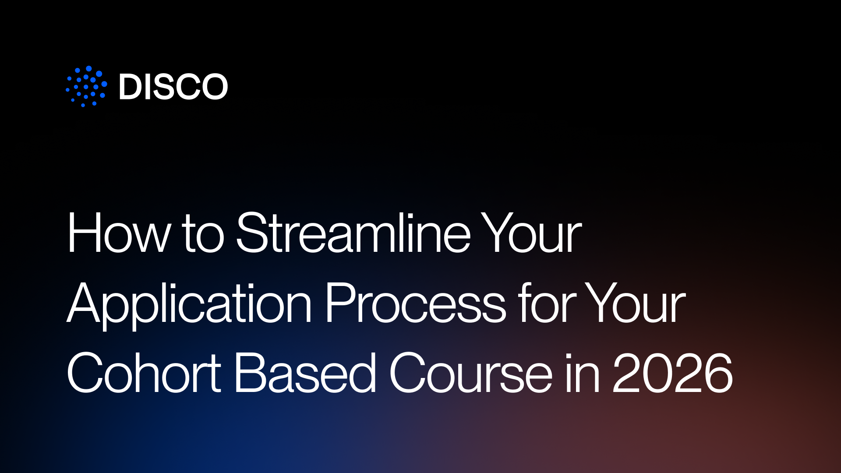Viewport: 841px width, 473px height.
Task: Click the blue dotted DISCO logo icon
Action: [x=86, y=86]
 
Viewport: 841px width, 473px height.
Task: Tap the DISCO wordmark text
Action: [x=173, y=86]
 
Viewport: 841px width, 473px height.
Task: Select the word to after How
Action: [x=203, y=234]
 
